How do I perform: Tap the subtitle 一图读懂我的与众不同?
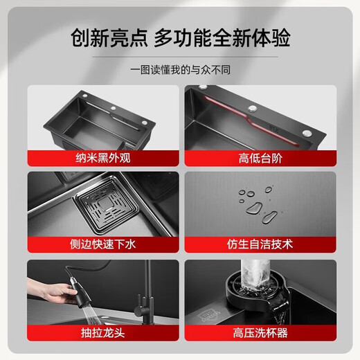[179, 71]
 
